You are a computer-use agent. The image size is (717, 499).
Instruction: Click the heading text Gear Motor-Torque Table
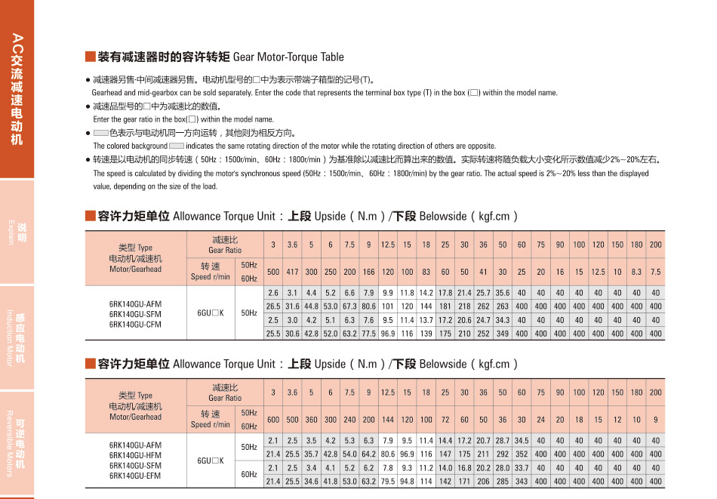(x=288, y=57)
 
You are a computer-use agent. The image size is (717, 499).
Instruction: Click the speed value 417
(x=292, y=272)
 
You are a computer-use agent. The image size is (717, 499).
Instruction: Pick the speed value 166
(x=369, y=272)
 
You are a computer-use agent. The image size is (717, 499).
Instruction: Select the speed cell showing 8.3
(x=636, y=272)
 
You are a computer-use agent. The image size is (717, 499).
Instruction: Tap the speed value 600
(x=273, y=420)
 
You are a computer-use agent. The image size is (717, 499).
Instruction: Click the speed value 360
(x=311, y=420)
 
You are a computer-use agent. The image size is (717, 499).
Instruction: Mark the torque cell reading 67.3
(x=349, y=306)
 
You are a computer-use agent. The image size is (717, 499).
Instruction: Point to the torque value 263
(x=503, y=306)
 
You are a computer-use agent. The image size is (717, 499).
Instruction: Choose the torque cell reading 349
(x=503, y=334)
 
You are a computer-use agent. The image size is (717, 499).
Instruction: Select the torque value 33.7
(x=522, y=468)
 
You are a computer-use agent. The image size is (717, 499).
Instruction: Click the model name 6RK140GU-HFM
(x=135, y=455)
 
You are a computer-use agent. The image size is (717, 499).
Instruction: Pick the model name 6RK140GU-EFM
(x=135, y=476)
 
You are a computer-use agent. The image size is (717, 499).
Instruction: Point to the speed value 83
(x=426, y=272)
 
